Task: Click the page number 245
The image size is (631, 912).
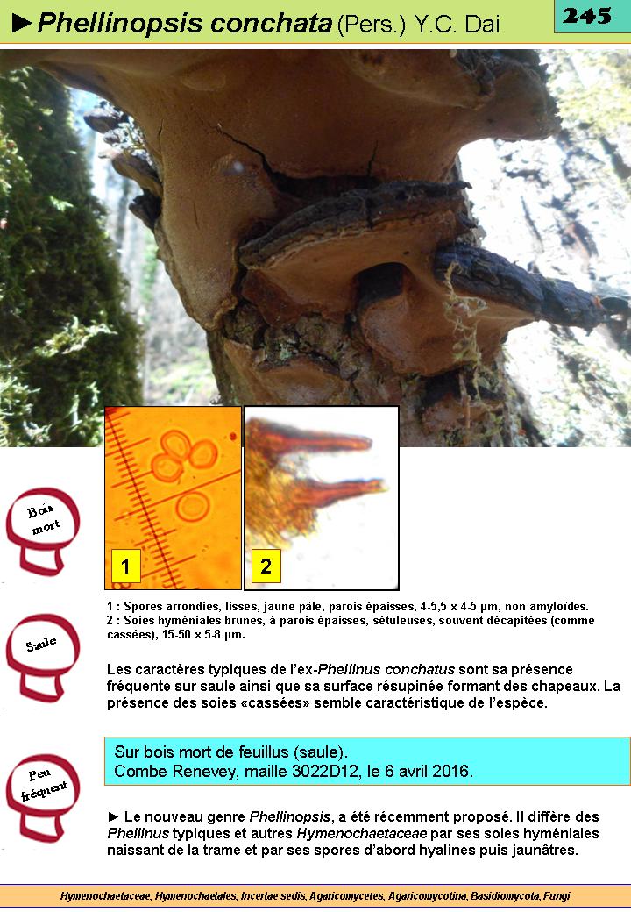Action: (x=587, y=16)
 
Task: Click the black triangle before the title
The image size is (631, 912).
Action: (x=22, y=24)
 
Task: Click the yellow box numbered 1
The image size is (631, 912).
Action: (x=125, y=566)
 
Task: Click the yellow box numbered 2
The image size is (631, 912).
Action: (x=266, y=566)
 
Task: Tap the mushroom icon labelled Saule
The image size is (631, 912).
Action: (x=43, y=657)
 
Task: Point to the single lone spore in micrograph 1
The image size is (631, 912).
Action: (x=193, y=506)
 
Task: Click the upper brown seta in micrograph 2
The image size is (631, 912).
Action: (x=314, y=443)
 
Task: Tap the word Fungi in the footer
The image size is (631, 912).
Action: (x=557, y=896)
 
